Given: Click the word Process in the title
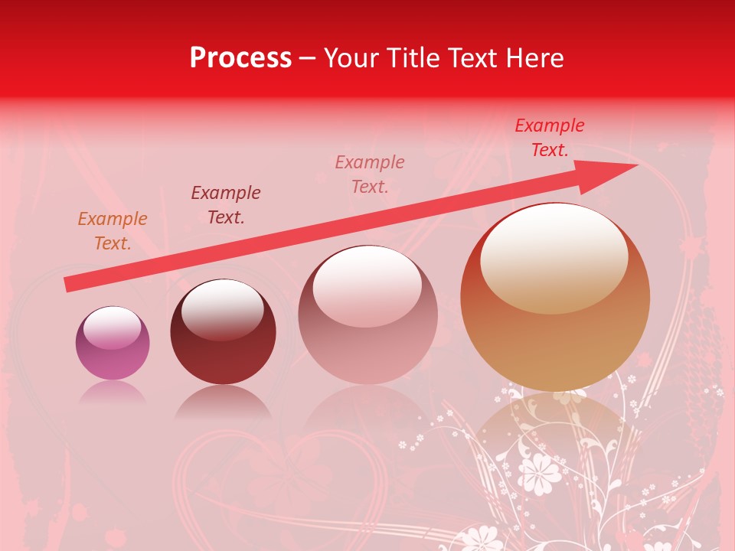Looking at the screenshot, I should [240, 57].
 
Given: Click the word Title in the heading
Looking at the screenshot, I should [413, 57].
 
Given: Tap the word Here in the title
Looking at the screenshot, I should [534, 57].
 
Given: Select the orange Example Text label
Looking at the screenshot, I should [113, 231].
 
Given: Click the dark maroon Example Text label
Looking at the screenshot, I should [226, 205].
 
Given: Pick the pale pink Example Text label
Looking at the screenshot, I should [370, 174].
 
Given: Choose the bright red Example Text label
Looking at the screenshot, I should [550, 138].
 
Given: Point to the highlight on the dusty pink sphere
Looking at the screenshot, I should [367, 285].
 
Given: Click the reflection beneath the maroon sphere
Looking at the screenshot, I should [223, 401].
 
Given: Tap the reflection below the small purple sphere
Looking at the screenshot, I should [113, 392].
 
